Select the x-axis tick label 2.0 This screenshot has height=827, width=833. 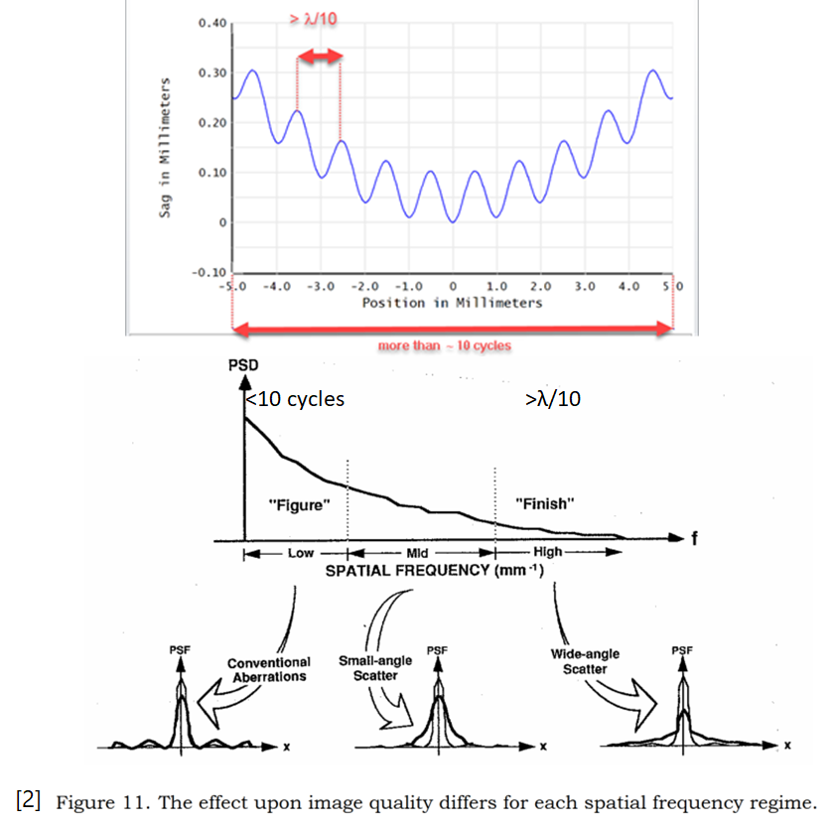541,286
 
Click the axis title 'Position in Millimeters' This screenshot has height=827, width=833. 452,302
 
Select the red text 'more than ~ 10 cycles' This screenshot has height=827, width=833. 444,346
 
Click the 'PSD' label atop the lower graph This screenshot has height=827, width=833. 243,365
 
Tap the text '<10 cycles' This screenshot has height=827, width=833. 294,399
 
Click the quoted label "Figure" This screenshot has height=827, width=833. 299,505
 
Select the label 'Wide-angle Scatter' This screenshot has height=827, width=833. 586,661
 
